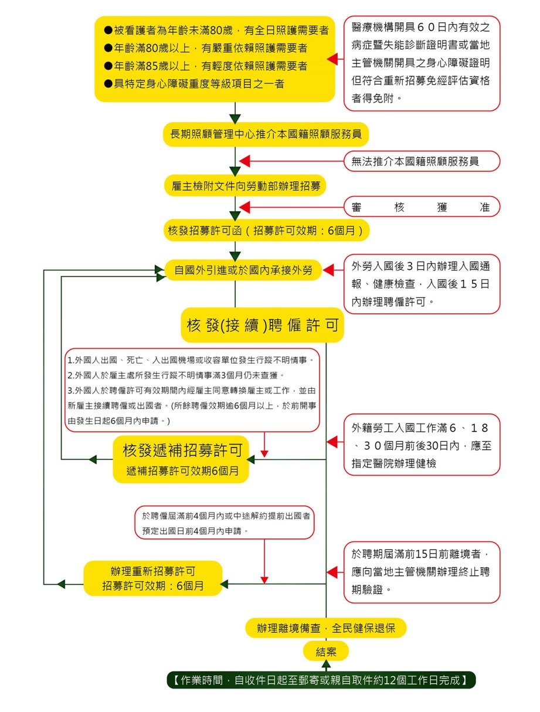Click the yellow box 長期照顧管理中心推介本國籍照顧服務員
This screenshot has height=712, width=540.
click(x=266, y=134)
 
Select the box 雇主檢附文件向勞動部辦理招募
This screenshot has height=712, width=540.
click(x=246, y=186)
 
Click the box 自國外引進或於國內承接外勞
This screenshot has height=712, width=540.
click(x=243, y=270)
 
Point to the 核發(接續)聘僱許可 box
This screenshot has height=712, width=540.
click(x=262, y=325)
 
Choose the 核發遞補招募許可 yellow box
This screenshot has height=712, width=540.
click(x=181, y=459)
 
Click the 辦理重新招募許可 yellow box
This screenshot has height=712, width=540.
click(x=153, y=578)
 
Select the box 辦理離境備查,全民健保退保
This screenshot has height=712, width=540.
click(x=325, y=628)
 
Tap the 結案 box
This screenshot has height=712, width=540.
click(x=326, y=651)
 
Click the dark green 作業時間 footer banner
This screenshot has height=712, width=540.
click(x=321, y=680)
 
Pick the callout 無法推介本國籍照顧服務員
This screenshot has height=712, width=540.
click(x=422, y=161)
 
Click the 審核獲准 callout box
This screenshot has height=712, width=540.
click(x=422, y=206)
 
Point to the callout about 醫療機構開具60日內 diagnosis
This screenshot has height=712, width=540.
click(x=422, y=63)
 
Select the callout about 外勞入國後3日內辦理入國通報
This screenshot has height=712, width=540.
click(x=422, y=284)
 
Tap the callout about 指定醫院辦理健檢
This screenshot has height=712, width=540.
click(x=422, y=445)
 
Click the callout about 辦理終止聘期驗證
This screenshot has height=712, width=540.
click(x=422, y=572)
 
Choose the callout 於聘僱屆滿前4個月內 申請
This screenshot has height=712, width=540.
click(x=225, y=523)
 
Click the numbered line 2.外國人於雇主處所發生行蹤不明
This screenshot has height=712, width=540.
click(x=176, y=375)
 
